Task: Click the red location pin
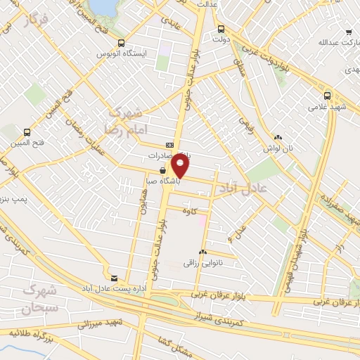pyautogui.click(x=181, y=166)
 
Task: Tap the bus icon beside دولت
pyautogui.click(x=221, y=30)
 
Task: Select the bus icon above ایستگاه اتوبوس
pyautogui.click(x=122, y=43)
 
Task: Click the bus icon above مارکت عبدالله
pyautogui.click(x=349, y=32)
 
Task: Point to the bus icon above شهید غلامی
pyautogui.click(x=327, y=96)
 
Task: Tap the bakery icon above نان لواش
pyautogui.click(x=279, y=138)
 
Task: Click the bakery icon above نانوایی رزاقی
pyautogui.click(x=202, y=252)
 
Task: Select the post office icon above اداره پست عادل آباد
pyautogui.click(x=114, y=278)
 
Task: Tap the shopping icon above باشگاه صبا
pyautogui.click(x=163, y=170)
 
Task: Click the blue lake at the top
pyautogui.click(x=105, y=6)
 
